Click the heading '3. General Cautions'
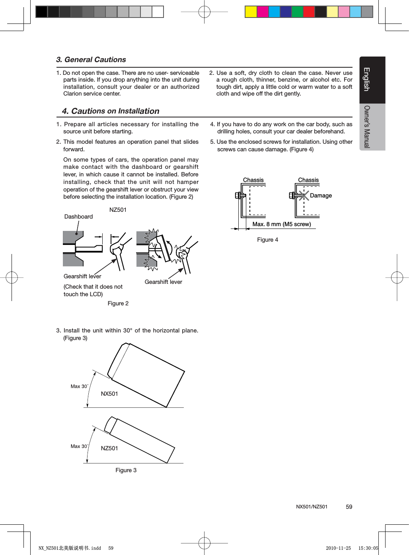click(x=91, y=60)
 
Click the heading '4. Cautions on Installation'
click(x=111, y=111)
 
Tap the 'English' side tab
click(x=367, y=79)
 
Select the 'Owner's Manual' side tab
click(x=367, y=127)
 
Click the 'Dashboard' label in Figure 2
click(x=78, y=217)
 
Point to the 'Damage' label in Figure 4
click(x=321, y=195)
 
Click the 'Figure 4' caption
click(x=267, y=240)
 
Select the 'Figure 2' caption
click(x=118, y=303)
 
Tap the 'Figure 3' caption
click(x=126, y=470)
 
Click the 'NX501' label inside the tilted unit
click(x=109, y=394)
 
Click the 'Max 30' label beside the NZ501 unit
click(x=79, y=446)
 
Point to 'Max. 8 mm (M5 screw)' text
click(x=282, y=224)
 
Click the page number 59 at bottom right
click(x=349, y=507)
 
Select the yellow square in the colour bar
click(x=251, y=12)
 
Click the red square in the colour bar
click(x=309, y=12)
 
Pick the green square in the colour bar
click(x=297, y=12)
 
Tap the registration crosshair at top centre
click(x=204, y=12)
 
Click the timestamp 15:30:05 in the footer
click(x=368, y=548)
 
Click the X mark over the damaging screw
click(x=304, y=195)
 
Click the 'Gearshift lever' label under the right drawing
click(x=163, y=282)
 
